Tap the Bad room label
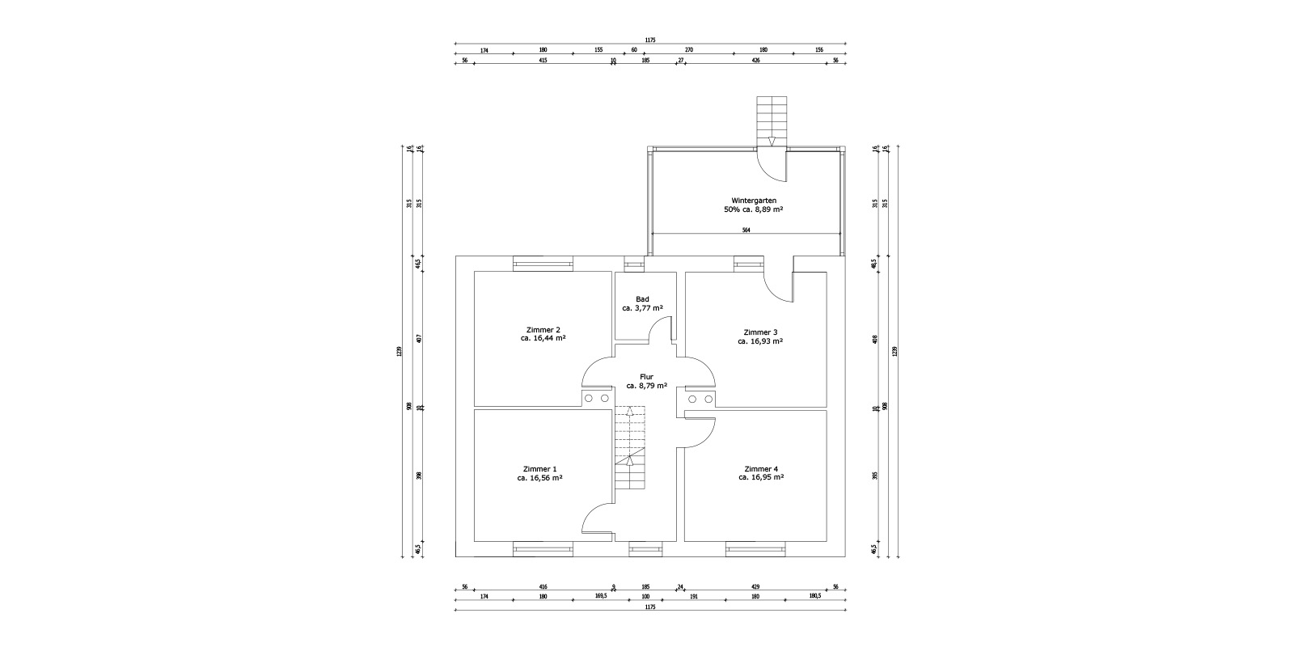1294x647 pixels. (642, 299)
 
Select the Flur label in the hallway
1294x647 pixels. (646, 376)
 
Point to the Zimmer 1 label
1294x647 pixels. (539, 469)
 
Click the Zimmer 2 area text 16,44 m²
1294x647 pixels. (543, 339)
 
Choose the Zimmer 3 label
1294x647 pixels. (760, 332)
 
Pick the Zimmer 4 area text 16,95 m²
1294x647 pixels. (761, 477)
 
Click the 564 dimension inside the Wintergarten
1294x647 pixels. (746, 230)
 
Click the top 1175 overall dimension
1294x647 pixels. (650, 40)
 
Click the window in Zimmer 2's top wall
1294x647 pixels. (543, 264)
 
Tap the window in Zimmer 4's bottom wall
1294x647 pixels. (755, 549)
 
